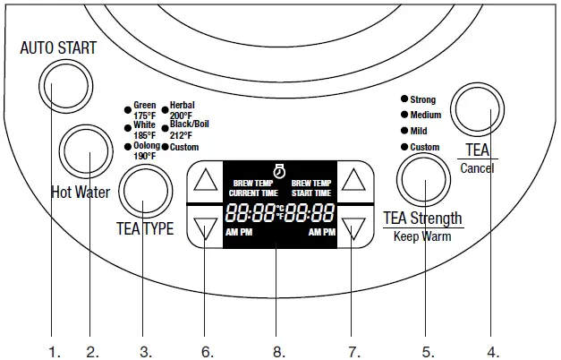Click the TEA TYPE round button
(146, 187)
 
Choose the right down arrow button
(355, 228)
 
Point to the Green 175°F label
(143, 111)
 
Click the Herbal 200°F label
(182, 111)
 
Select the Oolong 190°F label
(146, 150)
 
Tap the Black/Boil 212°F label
(188, 130)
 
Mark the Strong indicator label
(423, 99)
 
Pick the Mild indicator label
(419, 131)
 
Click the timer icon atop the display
(279, 167)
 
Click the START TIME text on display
(310, 193)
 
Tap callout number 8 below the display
(277, 351)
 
